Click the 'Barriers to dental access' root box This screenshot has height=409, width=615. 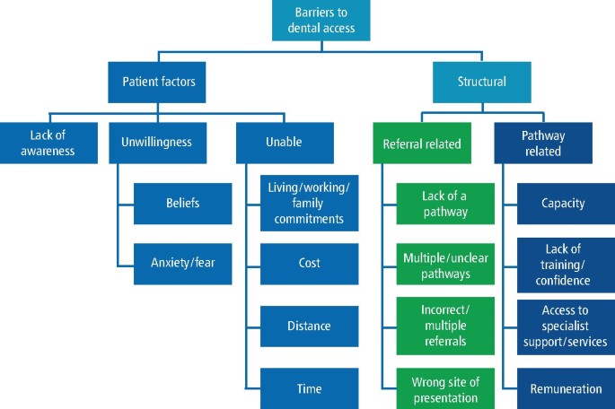click(321, 20)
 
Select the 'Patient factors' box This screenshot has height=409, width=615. click(158, 82)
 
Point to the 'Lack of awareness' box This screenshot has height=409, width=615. click(49, 143)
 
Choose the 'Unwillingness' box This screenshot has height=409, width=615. click(156, 143)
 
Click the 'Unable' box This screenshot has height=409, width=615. click(285, 143)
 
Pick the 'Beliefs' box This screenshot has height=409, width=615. click(182, 203)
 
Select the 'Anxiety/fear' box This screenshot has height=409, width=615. click(182, 264)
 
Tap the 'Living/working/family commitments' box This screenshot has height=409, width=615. click(309, 203)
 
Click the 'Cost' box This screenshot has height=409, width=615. click(309, 264)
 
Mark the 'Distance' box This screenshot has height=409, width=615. click(309, 326)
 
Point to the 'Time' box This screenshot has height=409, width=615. click(309, 388)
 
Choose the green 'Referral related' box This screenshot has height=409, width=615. click(421, 143)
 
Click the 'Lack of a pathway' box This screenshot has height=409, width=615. click(445, 203)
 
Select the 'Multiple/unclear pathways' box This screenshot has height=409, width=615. click(445, 264)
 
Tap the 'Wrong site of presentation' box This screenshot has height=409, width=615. click(445, 389)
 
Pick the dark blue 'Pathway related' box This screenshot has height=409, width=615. click(543, 143)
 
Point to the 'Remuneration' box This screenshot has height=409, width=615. click(566, 388)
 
